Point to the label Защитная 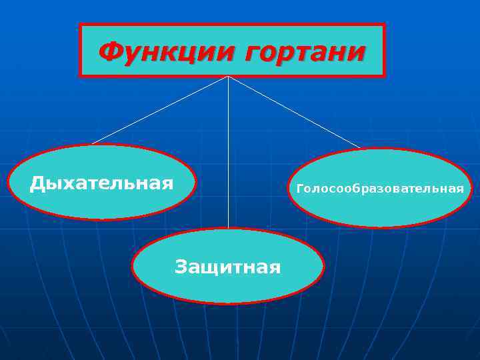227,267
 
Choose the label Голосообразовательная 380,189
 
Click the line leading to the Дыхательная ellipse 160,110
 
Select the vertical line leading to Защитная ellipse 228,153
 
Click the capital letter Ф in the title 109,51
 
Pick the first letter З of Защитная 181,267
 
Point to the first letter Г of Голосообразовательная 300,189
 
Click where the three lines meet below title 228,77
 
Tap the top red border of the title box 232,25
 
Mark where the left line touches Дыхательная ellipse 91,144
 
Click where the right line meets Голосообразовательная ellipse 360,148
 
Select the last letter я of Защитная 275,268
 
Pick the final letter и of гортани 359,53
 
